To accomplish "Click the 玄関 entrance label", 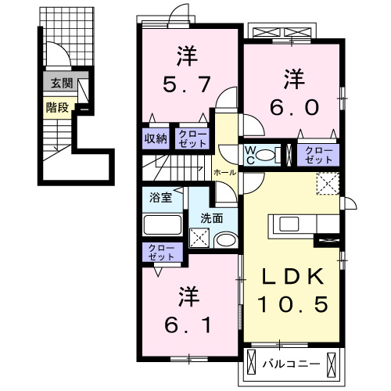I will coord(59,84).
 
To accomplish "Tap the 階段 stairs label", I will coord(56,108).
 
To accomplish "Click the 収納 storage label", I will coord(155,138).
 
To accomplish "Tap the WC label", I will coord(254,153).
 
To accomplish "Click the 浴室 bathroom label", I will coord(155,197).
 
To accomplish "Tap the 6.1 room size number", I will coord(186,323).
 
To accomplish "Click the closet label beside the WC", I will coord(318,153).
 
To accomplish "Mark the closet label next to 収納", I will coord(192,138).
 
